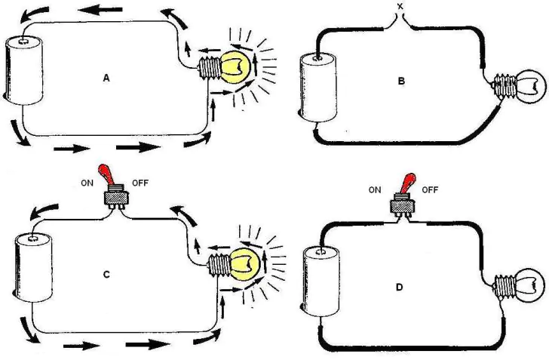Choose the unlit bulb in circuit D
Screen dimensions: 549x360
(529, 285)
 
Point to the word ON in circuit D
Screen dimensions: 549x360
(375, 190)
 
